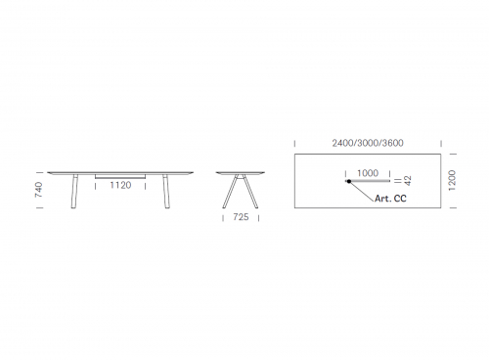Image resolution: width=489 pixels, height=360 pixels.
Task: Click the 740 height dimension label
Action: (38, 190)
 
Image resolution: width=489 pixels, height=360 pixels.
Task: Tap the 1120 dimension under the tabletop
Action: (120, 185)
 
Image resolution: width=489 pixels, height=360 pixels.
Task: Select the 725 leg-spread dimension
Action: (241, 217)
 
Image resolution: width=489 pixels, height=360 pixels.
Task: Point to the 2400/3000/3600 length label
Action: (368, 143)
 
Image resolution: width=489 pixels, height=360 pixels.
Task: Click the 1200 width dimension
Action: (452, 180)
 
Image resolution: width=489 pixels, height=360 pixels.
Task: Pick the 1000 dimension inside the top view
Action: (368, 173)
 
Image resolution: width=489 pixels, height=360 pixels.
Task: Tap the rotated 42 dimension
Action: (408, 181)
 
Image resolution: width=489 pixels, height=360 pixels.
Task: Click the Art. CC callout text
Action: (390, 199)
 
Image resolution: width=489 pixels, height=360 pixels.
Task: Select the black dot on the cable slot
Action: (349, 181)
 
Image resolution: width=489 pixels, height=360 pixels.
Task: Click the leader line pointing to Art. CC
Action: (362, 192)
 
